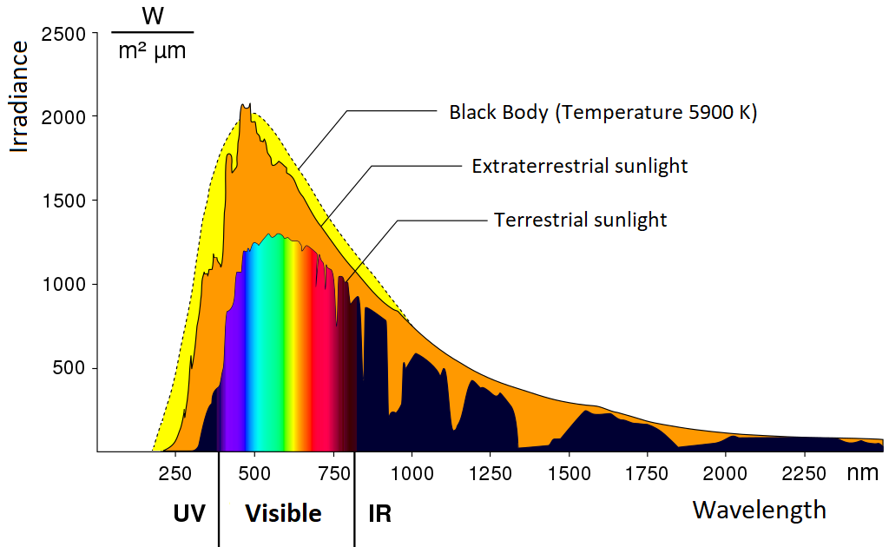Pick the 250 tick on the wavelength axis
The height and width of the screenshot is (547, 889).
176,474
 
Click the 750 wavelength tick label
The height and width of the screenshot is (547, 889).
333,474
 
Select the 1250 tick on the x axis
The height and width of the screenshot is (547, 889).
491,474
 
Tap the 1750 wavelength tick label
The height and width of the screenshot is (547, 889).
648,474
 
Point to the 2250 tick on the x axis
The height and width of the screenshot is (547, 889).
805,474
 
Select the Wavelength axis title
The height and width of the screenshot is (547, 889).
759,510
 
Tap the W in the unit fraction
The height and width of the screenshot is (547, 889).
152,17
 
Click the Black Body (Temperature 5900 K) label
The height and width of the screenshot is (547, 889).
603,113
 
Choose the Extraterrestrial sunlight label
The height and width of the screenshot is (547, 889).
579,166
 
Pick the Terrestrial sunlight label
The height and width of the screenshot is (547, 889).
580,220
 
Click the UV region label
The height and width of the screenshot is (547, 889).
189,514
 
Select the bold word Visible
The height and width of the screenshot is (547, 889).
283,514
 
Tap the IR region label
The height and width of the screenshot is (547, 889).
379,514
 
